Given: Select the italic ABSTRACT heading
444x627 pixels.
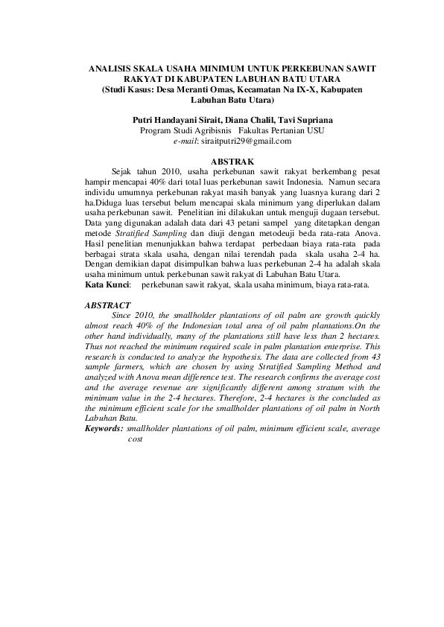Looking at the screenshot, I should click(x=108, y=306).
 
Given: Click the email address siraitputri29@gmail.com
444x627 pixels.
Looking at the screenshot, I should click(x=244, y=140).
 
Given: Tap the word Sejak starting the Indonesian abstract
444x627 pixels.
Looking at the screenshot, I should click(x=121, y=171).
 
